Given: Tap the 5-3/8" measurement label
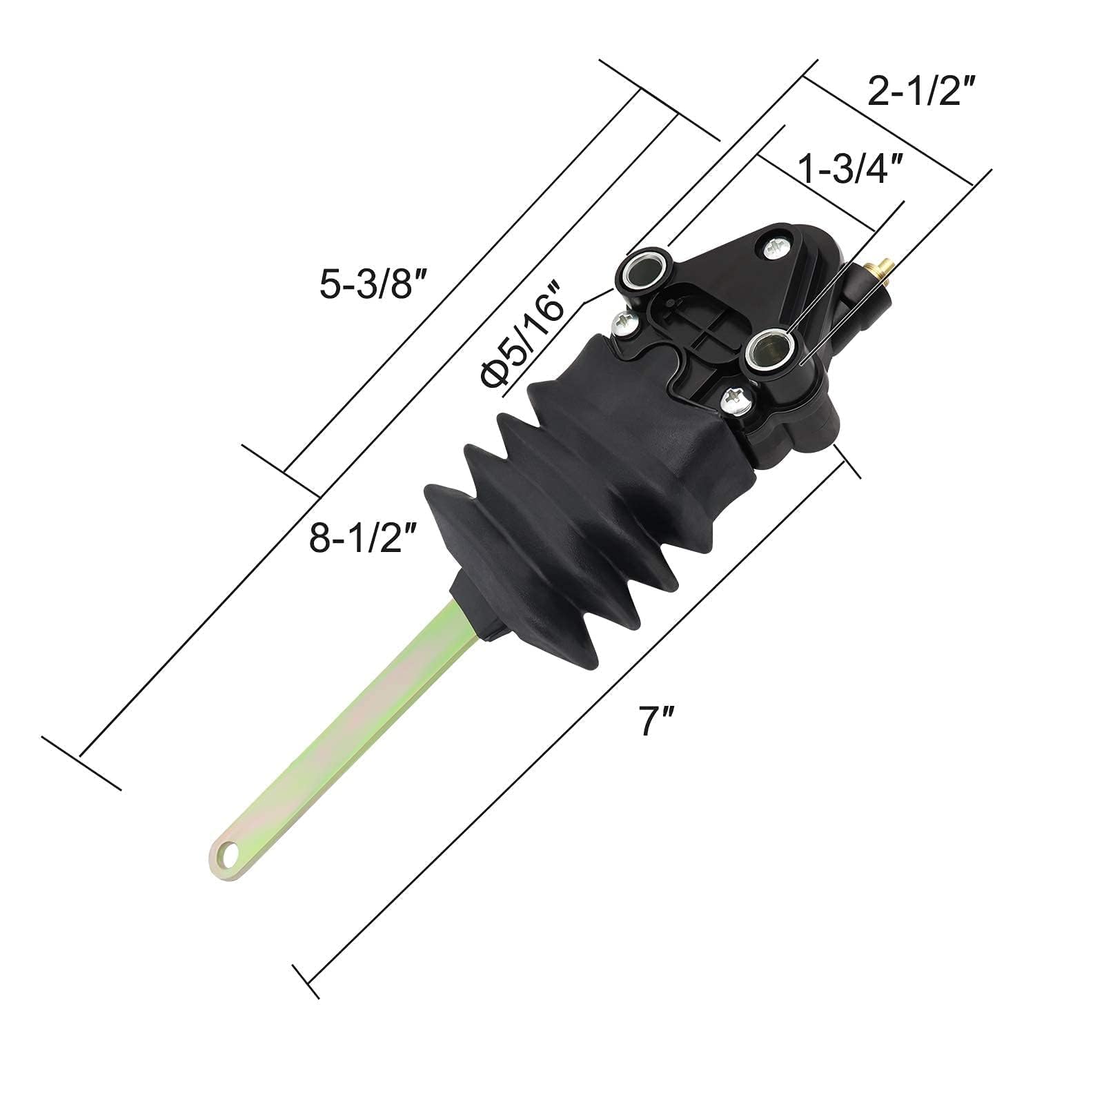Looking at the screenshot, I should tap(375, 284).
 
